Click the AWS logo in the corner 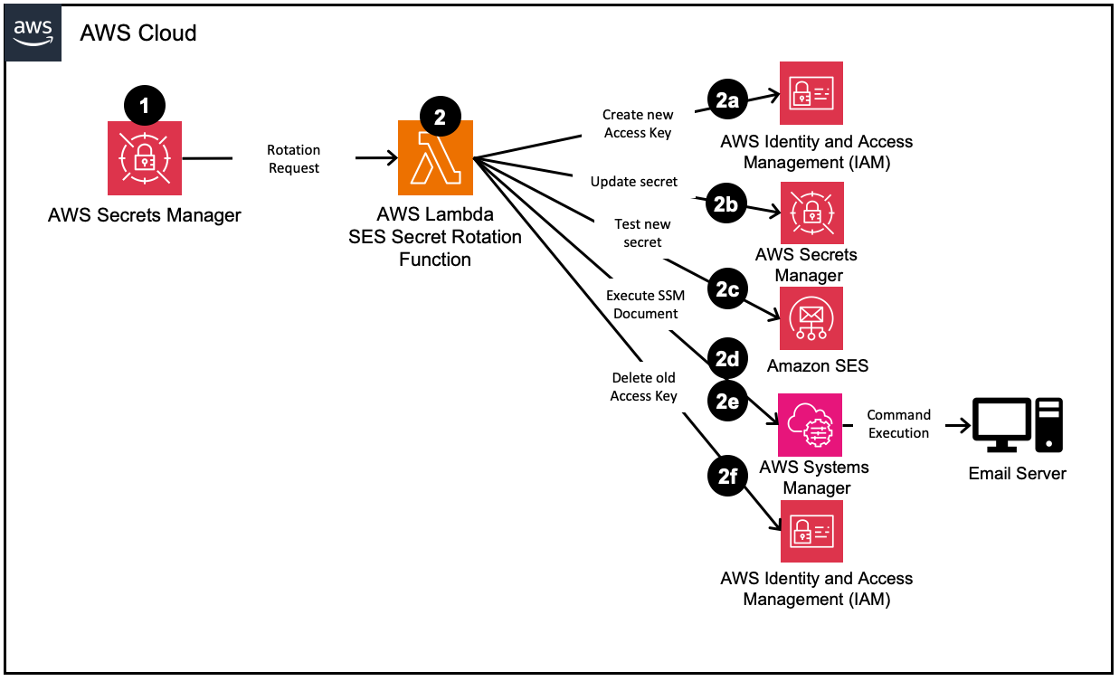[x=33, y=33]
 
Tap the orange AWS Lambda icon [x=436, y=158]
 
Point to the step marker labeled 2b [x=725, y=205]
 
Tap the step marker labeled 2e [x=727, y=400]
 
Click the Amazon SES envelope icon [x=811, y=318]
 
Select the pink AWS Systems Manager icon [x=811, y=424]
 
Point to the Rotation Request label [x=293, y=158]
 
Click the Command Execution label [x=898, y=424]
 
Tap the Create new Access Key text [x=638, y=124]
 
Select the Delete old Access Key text [x=643, y=387]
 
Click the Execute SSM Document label [x=645, y=305]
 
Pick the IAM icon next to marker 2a [x=811, y=93]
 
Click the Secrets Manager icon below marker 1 [x=145, y=158]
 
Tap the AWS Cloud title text [x=138, y=33]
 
